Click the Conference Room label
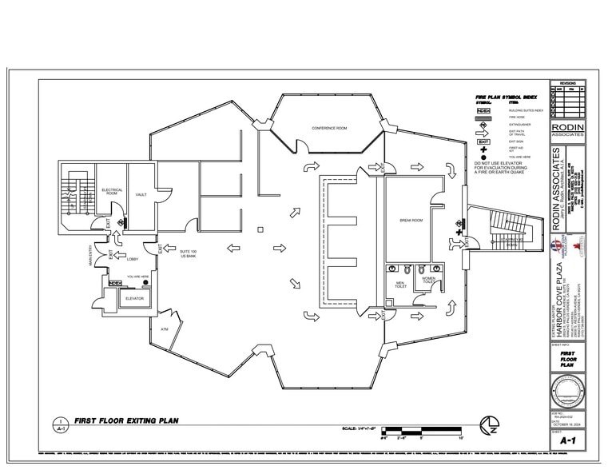(329, 128)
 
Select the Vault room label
(141, 194)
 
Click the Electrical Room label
(112, 192)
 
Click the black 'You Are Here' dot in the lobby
(145, 283)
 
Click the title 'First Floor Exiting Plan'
(126, 420)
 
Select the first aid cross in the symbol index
(483, 149)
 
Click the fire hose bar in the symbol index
(483, 117)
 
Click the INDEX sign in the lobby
(114, 282)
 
